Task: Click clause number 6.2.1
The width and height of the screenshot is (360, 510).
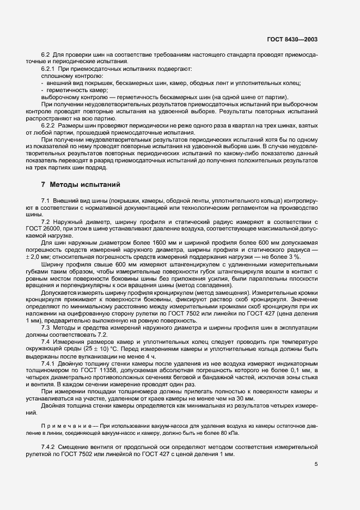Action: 49,69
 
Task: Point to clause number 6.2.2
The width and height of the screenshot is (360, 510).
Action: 49,125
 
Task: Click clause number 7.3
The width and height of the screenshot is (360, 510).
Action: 46,327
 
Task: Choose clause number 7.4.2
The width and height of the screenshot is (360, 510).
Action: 49,447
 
